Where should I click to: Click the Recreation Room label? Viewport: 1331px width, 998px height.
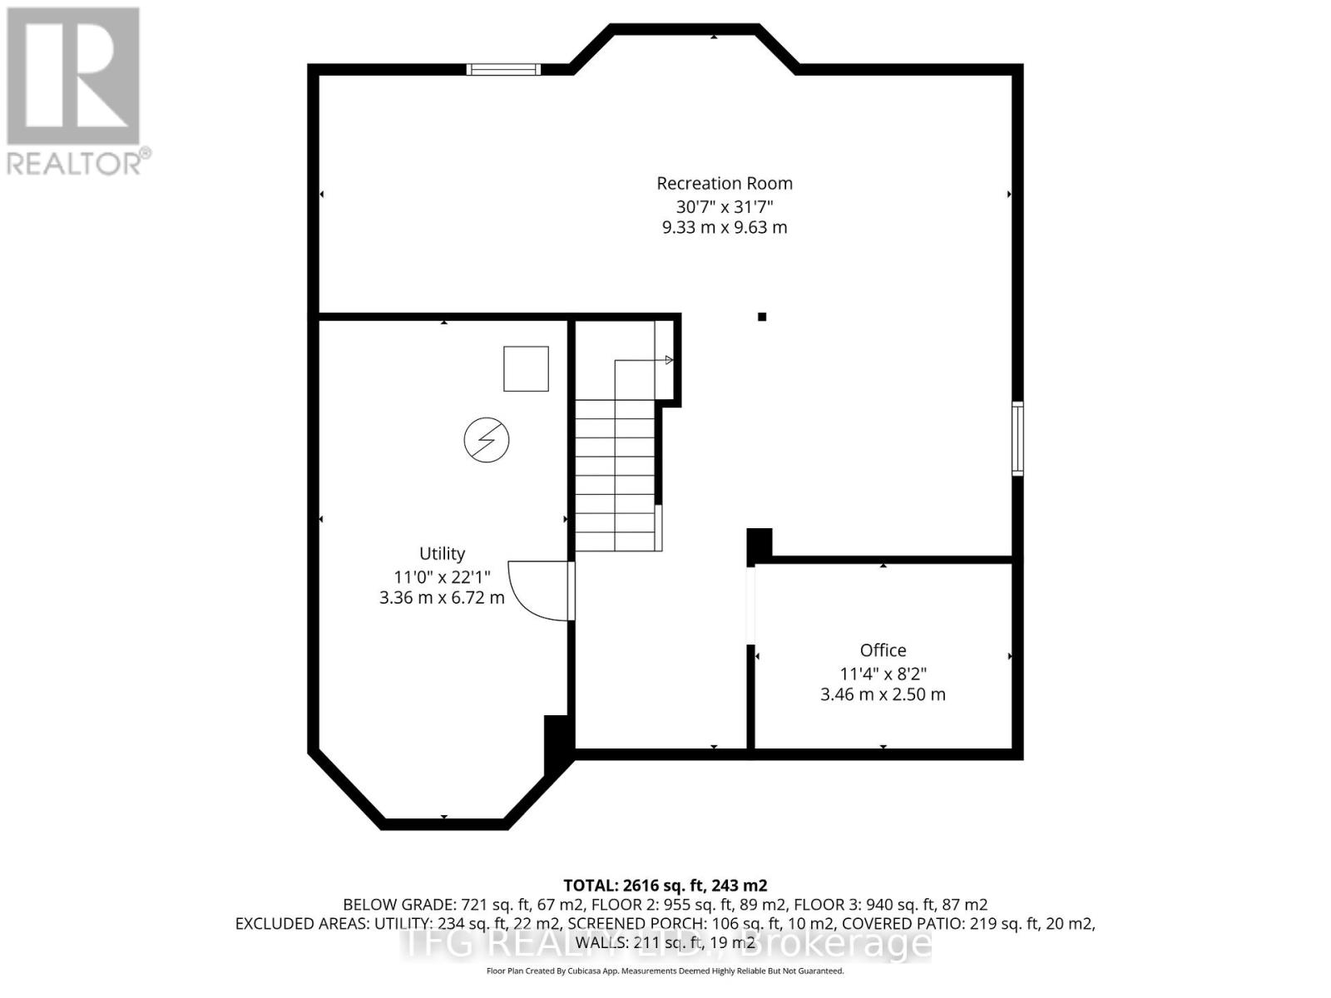[724, 183]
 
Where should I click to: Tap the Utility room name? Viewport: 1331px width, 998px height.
[442, 553]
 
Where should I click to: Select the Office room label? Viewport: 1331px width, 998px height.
[883, 650]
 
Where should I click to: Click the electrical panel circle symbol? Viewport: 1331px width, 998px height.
[487, 440]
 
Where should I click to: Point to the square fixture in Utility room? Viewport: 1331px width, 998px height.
[526, 368]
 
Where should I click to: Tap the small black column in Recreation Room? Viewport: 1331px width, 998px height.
[761, 316]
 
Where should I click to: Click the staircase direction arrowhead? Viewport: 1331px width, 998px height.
[668, 360]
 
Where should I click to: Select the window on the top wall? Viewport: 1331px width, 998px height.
[503, 70]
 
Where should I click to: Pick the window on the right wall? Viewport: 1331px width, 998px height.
[1017, 438]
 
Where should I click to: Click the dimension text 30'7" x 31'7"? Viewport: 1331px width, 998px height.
[724, 205]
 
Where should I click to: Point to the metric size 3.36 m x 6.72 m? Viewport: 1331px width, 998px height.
[442, 597]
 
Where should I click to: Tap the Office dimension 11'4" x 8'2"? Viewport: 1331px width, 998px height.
[883, 673]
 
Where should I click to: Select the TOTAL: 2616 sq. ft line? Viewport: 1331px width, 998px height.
[665, 886]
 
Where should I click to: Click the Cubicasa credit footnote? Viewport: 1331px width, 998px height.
[665, 971]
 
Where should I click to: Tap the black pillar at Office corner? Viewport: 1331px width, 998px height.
[760, 545]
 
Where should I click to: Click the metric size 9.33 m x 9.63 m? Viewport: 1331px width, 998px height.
[724, 227]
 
